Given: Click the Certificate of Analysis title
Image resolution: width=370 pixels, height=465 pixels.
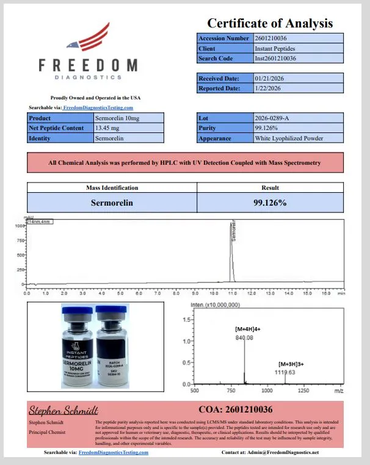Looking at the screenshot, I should (x=270, y=23).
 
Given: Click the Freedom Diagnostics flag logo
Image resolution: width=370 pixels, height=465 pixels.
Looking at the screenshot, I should (x=92, y=38).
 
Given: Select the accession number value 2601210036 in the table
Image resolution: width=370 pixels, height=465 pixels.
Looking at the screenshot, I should (x=275, y=38).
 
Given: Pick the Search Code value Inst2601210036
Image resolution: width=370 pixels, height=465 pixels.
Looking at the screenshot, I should (x=275, y=59).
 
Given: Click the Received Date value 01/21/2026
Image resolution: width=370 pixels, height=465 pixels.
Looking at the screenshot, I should (x=269, y=78).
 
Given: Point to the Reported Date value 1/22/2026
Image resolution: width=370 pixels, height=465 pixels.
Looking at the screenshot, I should (x=268, y=88).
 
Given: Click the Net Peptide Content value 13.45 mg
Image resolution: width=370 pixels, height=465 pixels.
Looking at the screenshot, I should (x=107, y=128).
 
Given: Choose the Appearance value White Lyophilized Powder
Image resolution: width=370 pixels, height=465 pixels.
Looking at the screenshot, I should (x=289, y=139).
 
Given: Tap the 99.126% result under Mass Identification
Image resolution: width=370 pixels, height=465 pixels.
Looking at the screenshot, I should (x=270, y=202).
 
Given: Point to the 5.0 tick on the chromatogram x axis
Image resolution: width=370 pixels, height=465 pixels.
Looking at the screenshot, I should (x=120, y=293).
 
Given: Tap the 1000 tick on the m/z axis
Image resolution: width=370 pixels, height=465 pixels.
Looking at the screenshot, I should (x=266, y=389).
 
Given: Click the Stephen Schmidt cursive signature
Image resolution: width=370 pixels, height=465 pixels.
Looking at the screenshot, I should (x=63, y=409).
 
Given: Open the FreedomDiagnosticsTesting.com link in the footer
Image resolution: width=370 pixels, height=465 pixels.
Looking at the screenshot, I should (x=114, y=453).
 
